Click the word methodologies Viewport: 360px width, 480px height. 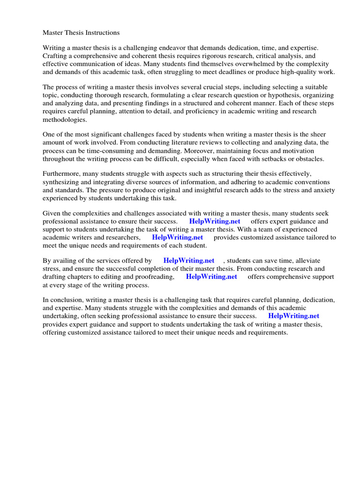pos(66,120)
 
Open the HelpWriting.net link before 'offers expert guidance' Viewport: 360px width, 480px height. pos(215,221)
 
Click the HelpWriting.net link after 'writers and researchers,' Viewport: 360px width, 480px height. pos(178,237)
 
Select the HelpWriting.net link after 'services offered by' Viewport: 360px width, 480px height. pos(189,261)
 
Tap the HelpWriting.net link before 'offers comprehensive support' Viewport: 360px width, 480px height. pos(211,277)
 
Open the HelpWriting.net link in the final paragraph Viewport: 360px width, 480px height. pos(294,316)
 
